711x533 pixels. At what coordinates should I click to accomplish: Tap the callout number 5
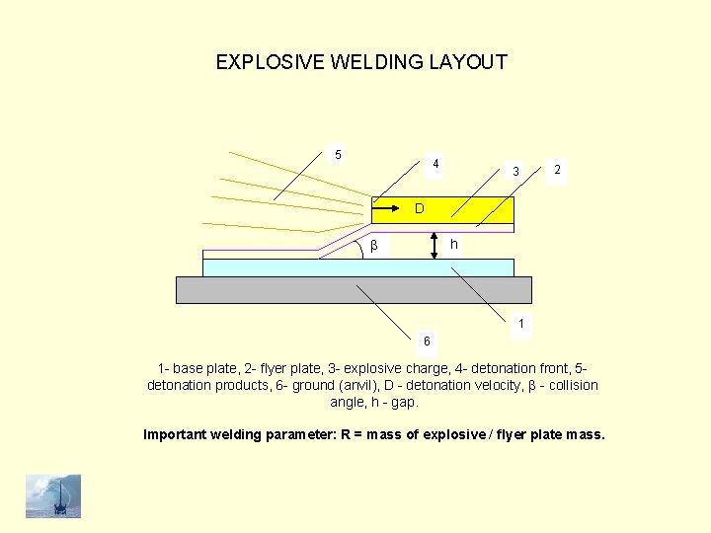point(338,154)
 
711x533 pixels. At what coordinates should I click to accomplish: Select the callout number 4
point(435,163)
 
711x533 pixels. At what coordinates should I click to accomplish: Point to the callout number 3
point(515,172)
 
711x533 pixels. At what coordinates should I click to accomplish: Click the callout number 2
point(558,171)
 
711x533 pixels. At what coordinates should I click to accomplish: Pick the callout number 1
point(521,323)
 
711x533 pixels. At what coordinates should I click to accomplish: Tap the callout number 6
point(427,341)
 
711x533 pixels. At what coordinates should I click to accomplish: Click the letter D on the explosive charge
point(420,209)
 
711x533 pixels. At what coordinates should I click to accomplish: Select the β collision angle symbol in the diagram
point(373,245)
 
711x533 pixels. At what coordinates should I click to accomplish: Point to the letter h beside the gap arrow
point(453,244)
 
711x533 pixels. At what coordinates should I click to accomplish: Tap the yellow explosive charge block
point(474,209)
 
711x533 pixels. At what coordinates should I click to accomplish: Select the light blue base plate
point(296,267)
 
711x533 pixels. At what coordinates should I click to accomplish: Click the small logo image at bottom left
point(53,495)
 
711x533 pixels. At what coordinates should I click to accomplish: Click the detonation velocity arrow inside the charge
point(390,209)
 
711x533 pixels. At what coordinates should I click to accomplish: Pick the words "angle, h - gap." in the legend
point(373,403)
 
